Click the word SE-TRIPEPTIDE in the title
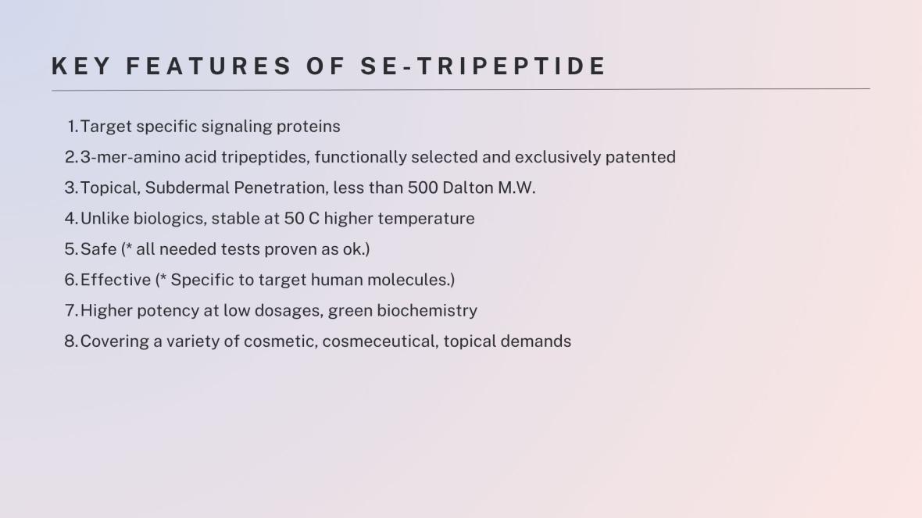pyautogui.click(x=483, y=66)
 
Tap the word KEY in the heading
pyautogui.click(x=81, y=66)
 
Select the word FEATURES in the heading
pyautogui.click(x=209, y=66)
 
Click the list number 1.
pyautogui.click(x=73, y=127)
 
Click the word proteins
pyautogui.click(x=308, y=127)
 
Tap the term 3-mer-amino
pyautogui.click(x=130, y=157)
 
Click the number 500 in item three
pyautogui.click(x=423, y=188)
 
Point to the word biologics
pyautogui.click(x=170, y=219)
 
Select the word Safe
pyautogui.click(x=98, y=249)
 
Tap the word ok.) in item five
pyautogui.click(x=356, y=249)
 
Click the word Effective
pyautogui.click(x=116, y=280)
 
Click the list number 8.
pyautogui.click(x=71, y=341)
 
